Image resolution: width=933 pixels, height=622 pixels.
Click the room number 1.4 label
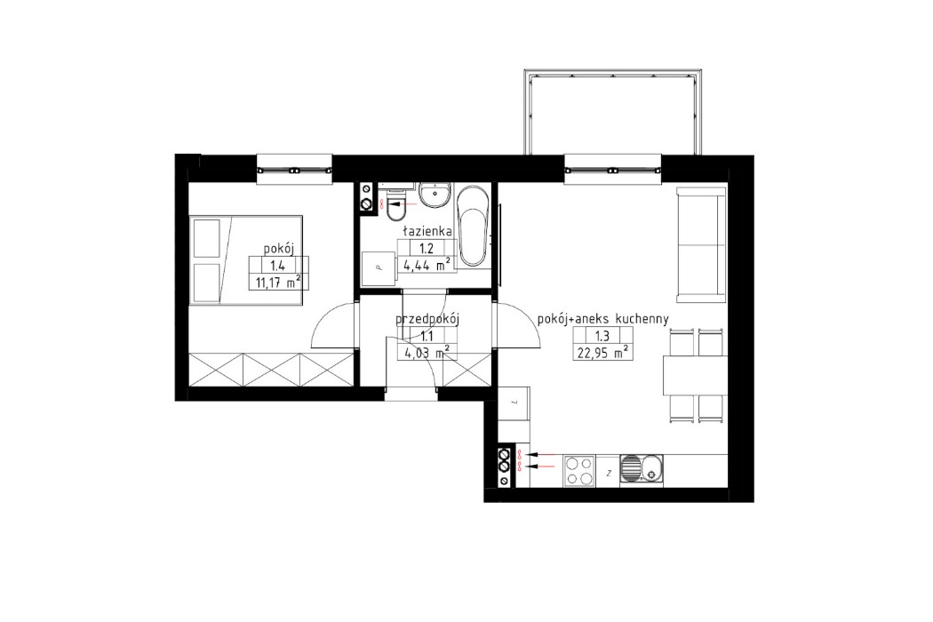click(x=278, y=264)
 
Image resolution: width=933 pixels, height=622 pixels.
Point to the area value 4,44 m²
click(x=426, y=263)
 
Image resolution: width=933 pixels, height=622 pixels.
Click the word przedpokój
click(x=427, y=319)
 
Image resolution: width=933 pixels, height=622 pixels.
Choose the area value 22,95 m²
click(x=602, y=352)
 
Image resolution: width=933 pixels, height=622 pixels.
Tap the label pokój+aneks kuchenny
click(x=603, y=318)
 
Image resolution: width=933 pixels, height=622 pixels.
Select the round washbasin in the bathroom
click(x=435, y=195)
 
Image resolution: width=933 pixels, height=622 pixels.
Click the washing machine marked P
click(x=379, y=266)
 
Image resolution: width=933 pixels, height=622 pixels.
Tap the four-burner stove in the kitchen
click(x=579, y=470)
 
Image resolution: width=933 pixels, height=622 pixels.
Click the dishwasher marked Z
click(x=608, y=471)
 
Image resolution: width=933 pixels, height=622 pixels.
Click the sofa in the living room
click(x=701, y=243)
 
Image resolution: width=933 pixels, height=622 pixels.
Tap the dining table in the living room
click(x=695, y=374)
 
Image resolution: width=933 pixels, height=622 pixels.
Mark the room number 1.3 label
click(x=602, y=335)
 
